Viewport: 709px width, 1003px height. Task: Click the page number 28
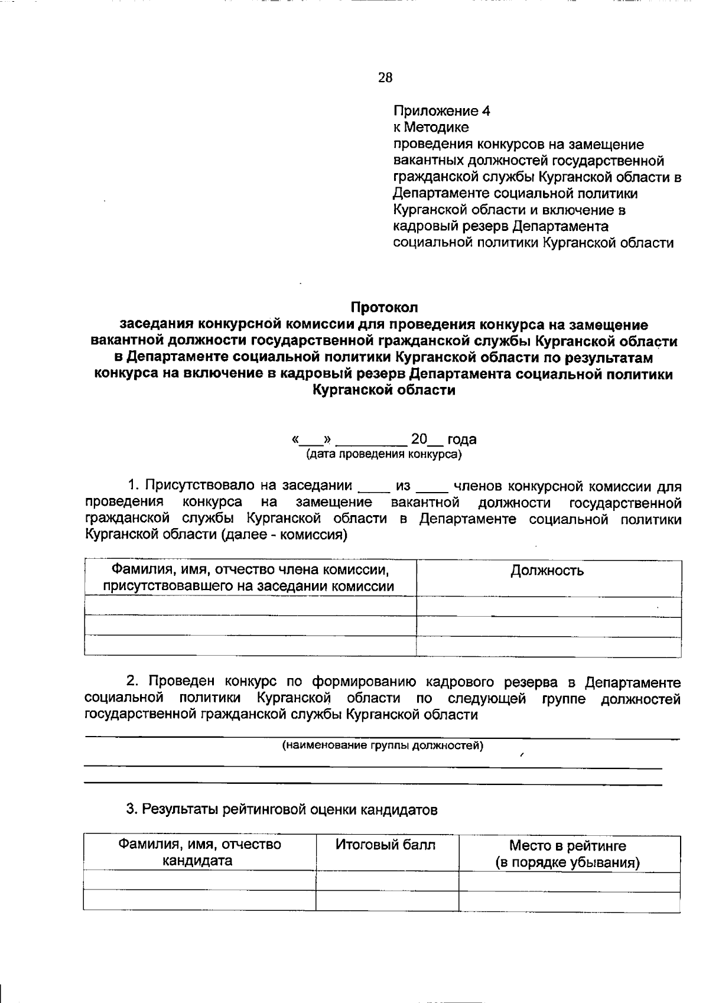[385, 77]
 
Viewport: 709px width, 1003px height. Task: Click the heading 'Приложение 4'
[442, 111]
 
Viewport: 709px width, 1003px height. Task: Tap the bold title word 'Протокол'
[384, 307]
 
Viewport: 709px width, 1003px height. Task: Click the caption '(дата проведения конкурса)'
[384, 454]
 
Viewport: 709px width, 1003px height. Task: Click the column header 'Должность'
[547, 571]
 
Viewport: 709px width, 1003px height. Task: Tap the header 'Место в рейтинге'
[567, 846]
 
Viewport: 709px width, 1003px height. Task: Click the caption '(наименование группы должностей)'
[382, 745]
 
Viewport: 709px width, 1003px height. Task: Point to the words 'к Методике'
[431, 128]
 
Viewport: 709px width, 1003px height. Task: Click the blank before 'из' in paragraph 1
[373, 488]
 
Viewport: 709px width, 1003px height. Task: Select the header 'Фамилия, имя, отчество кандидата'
[199, 852]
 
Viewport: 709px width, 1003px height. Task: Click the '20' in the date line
[418, 439]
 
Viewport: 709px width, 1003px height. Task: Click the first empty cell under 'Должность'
[548, 607]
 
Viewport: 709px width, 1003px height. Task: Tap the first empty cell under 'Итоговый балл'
[387, 881]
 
